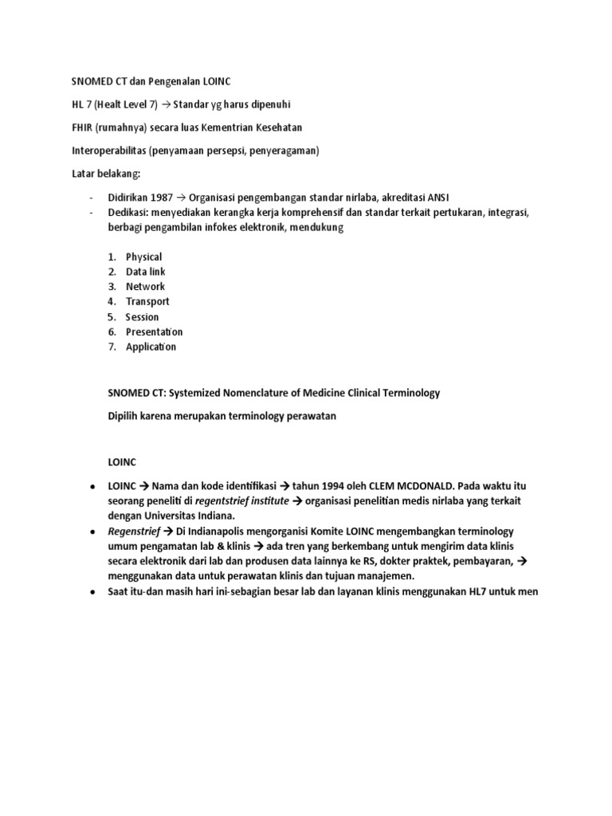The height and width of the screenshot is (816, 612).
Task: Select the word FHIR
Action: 84,127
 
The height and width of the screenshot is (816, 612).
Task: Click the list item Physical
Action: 143,257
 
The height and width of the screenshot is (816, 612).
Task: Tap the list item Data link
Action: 146,272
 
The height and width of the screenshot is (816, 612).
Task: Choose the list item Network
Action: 145,286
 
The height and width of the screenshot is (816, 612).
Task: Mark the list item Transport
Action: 147,301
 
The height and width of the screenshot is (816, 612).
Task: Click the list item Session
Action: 142,316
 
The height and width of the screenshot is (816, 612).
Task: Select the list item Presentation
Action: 154,331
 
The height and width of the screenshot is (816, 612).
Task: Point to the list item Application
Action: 151,347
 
